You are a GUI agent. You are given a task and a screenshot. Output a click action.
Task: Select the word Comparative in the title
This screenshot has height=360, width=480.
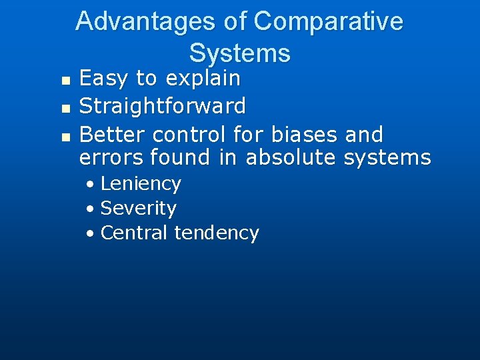(x=328, y=21)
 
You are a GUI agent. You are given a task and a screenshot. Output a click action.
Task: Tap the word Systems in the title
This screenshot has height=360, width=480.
(x=239, y=53)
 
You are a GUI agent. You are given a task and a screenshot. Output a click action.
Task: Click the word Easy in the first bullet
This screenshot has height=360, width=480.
(x=104, y=79)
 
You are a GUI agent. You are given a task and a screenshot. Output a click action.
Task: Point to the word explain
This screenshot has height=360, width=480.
(x=203, y=79)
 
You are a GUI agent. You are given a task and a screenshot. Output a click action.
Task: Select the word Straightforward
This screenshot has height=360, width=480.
(x=162, y=106)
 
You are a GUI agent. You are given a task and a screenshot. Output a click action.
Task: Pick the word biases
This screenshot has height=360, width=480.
(x=305, y=135)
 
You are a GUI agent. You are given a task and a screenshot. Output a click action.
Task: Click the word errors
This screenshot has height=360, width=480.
(x=111, y=158)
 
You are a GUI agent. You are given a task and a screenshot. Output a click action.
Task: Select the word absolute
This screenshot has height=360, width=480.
(x=290, y=158)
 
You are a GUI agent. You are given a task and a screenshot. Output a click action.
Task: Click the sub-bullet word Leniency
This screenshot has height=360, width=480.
(x=141, y=184)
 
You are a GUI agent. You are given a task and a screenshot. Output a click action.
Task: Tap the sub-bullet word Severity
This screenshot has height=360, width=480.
(x=138, y=209)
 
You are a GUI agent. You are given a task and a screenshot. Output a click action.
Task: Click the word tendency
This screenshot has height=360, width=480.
(x=217, y=233)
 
